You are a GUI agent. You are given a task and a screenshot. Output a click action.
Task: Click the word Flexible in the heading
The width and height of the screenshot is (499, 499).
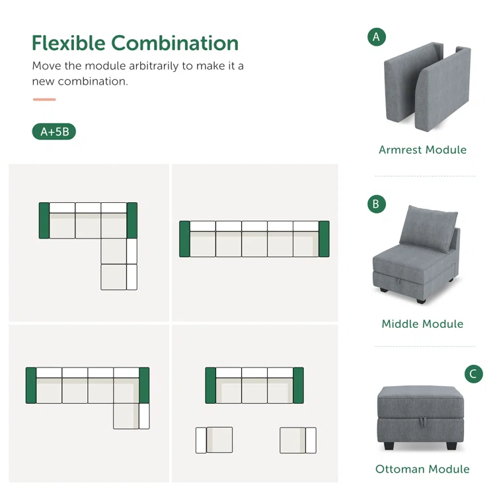point(69,43)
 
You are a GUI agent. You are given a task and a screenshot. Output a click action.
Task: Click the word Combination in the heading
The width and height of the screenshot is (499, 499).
point(174,43)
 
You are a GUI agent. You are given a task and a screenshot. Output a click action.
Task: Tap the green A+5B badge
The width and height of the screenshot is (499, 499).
point(54,132)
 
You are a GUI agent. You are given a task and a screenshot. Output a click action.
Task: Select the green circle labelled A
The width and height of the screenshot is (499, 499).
point(377,37)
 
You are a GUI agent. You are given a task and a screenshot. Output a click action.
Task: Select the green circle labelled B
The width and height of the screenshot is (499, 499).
point(377,204)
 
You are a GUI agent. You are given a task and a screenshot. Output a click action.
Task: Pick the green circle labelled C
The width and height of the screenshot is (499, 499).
point(473,373)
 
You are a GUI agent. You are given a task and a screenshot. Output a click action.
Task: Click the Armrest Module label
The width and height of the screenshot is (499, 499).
point(422,149)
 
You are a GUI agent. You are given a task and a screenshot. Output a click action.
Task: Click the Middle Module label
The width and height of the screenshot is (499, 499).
point(422,324)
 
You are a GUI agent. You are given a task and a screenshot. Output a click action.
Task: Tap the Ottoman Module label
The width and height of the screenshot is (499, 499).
point(422,469)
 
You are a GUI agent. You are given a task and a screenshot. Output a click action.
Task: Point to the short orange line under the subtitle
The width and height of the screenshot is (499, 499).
point(44,100)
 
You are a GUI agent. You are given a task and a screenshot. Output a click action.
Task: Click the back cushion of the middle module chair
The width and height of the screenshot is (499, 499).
point(428,228)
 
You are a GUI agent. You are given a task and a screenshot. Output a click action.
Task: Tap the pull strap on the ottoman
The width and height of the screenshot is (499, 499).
point(422,422)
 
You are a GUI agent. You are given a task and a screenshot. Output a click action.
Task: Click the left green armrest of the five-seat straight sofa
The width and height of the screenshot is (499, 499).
point(184,239)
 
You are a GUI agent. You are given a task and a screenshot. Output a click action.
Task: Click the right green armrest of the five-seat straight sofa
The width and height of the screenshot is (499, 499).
point(324,239)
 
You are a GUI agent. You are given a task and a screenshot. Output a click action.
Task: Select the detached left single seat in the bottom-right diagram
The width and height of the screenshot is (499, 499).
point(214,440)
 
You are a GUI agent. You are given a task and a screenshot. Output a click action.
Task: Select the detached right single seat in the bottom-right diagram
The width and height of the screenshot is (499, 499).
point(298,440)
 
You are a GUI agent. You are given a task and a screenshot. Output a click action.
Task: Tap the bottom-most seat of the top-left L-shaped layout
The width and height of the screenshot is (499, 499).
point(119,277)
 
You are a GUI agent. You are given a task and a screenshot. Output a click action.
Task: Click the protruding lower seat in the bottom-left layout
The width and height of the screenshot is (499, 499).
point(131,416)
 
